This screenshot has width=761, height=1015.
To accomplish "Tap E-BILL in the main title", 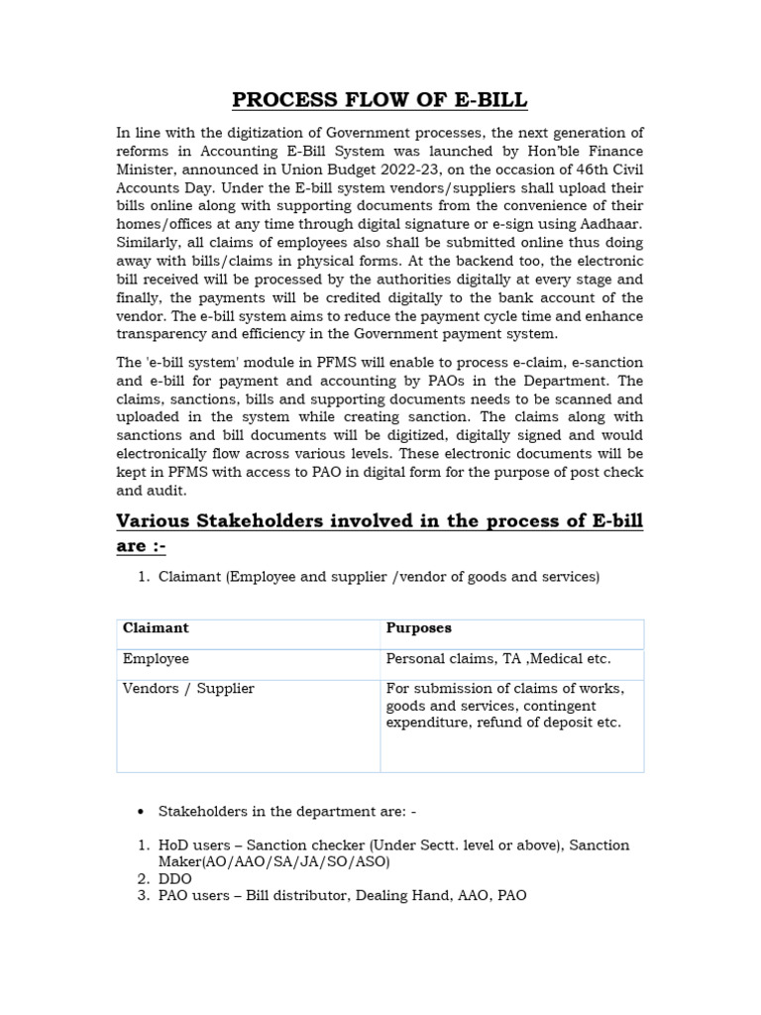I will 486,100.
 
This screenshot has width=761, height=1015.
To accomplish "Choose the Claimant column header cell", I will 156,628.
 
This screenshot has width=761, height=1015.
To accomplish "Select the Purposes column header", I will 418,628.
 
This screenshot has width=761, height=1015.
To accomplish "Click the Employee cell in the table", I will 156,659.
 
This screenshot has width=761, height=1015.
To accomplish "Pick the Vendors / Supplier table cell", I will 188,689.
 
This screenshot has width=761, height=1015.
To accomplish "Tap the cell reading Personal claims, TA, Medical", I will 498,659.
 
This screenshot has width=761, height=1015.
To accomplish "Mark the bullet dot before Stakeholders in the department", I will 141,812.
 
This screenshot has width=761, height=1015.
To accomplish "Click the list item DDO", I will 175,879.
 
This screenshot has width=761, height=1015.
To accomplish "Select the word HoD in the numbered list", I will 174,846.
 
